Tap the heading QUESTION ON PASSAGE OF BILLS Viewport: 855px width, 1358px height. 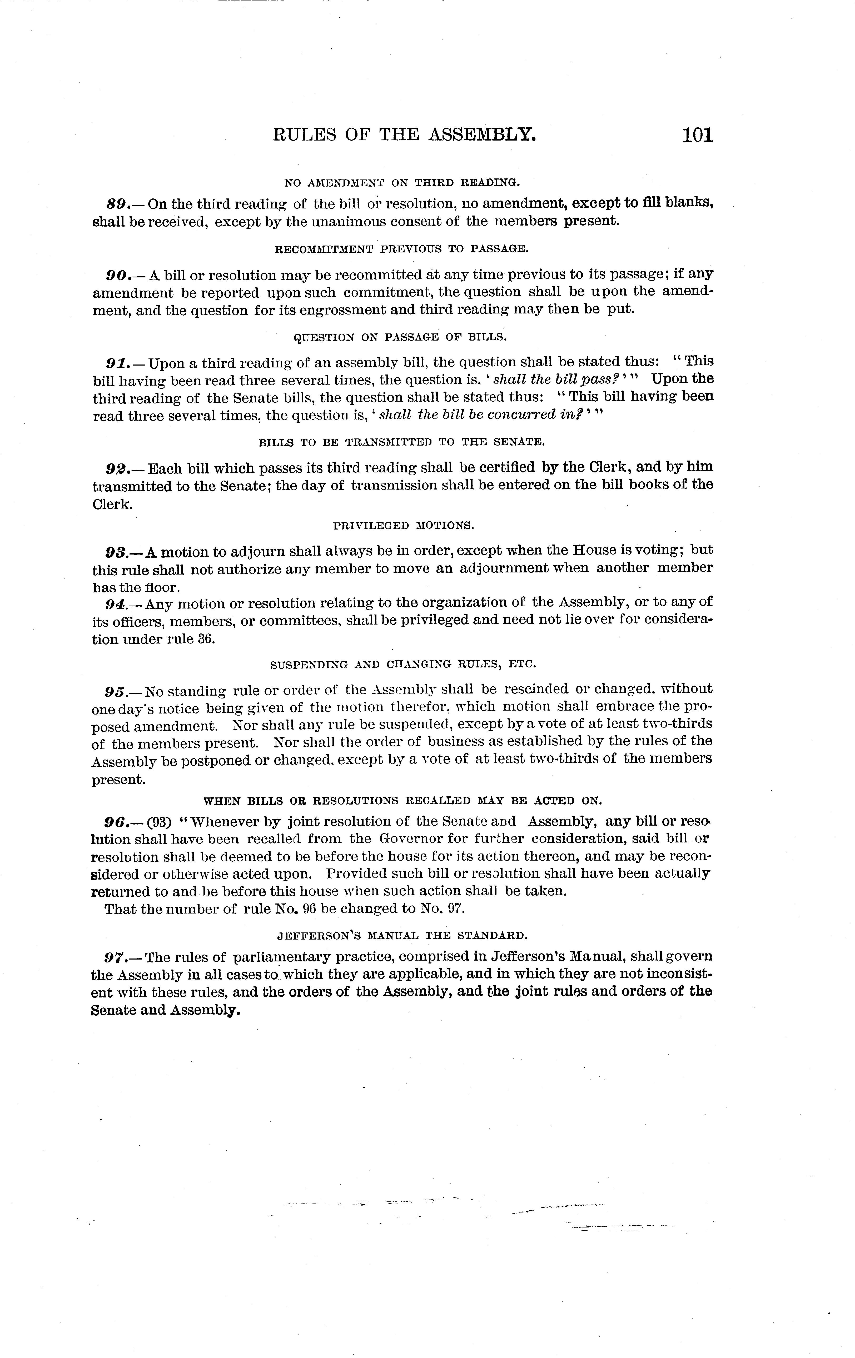click(x=400, y=337)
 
